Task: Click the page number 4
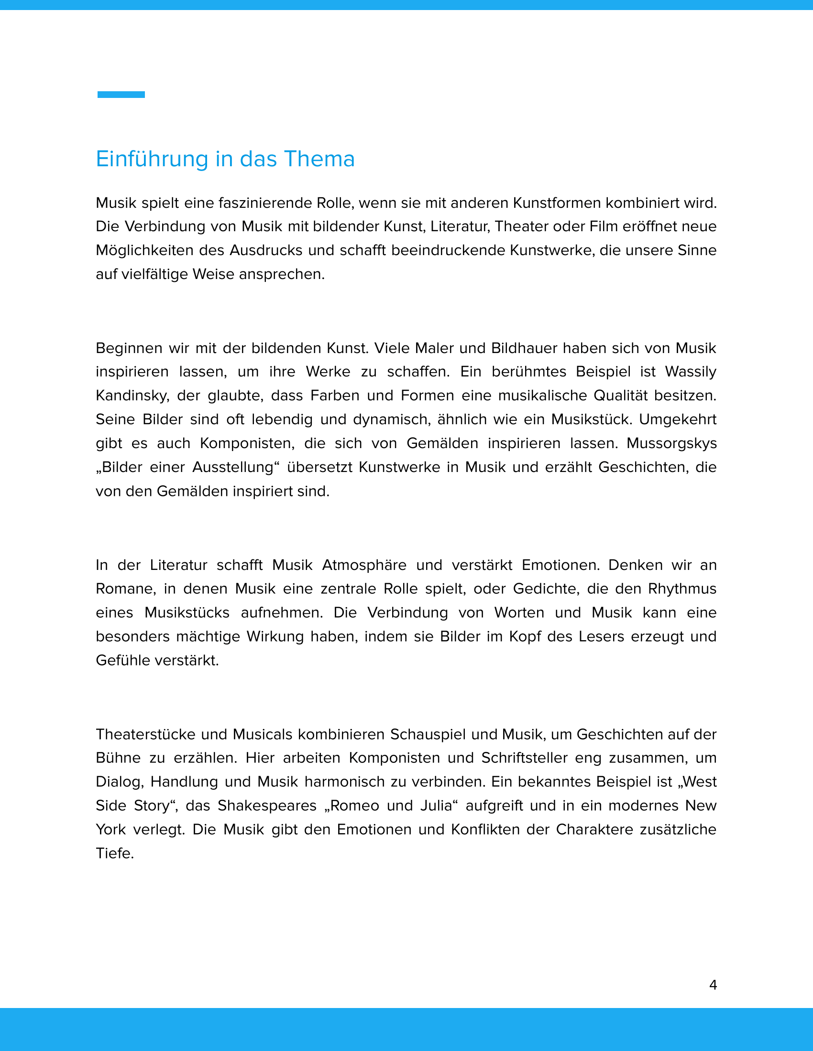click(713, 985)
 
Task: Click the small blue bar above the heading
click(121, 95)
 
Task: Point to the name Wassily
click(690, 372)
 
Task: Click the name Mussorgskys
click(671, 443)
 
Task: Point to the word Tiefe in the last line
click(114, 854)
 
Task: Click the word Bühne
click(118, 759)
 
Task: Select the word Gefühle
click(122, 661)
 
